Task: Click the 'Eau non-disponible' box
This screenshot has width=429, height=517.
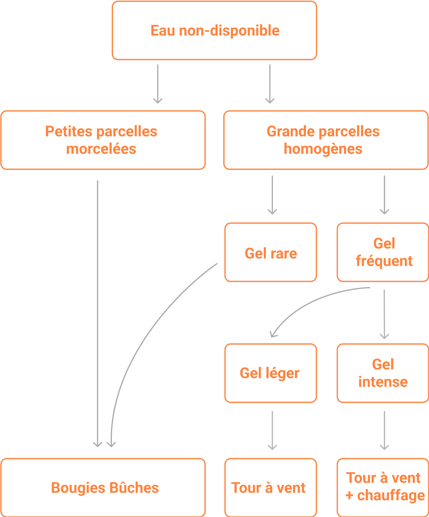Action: [x=214, y=30]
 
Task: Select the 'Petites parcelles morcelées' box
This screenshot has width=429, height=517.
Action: [x=103, y=140]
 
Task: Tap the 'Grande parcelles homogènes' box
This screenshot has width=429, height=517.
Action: [x=326, y=140]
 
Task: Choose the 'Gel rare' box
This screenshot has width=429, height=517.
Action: [x=270, y=253]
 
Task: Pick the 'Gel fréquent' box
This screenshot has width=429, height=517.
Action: [x=383, y=253]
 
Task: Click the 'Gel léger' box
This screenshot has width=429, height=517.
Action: [x=270, y=373]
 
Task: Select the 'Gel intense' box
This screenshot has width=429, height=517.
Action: [x=383, y=373]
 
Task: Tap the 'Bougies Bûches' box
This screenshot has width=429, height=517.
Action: [x=103, y=488]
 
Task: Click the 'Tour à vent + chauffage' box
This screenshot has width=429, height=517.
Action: [x=383, y=488]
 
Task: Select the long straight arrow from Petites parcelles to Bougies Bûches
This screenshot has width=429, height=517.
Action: [x=97, y=313]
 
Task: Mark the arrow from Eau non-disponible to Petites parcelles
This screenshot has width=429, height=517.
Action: [x=158, y=84]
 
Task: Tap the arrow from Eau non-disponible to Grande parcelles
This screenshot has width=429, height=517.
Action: [x=270, y=84]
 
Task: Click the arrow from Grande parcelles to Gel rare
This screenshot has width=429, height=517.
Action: [x=272, y=195]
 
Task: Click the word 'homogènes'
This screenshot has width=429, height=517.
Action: [x=323, y=149]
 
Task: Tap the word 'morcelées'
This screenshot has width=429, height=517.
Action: [x=101, y=149]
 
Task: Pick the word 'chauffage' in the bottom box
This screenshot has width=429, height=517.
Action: [x=391, y=496]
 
